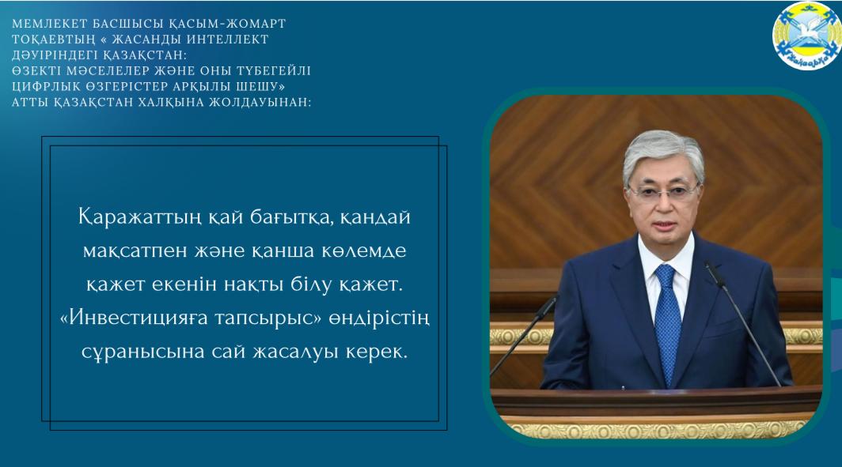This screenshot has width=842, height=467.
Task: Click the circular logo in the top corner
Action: click(x=806, y=36)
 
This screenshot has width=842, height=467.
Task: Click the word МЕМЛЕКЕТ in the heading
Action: click(x=43, y=24)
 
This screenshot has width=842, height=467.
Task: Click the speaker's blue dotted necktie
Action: click(x=667, y=322)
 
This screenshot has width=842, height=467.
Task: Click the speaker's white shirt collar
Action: click(x=666, y=268)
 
